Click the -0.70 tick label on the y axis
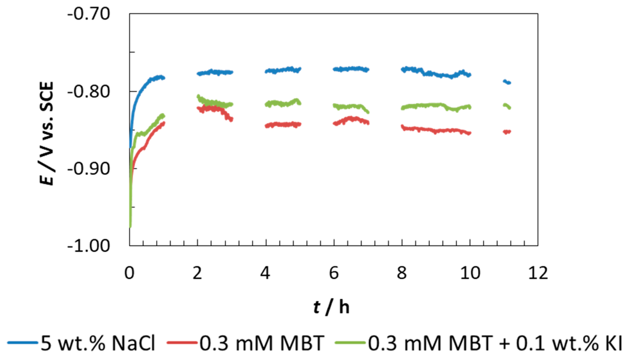coord(88,14)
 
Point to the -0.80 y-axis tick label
coord(88,92)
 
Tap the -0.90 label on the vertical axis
coord(88,169)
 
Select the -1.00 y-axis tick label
coord(88,246)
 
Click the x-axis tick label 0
coord(129,273)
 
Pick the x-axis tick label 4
coord(265,273)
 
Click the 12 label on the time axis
coord(538,273)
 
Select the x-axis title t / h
coord(331,307)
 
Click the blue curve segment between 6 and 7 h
coord(351,69)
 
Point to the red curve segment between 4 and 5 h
coord(283,125)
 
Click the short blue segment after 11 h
coord(507,82)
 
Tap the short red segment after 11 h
coord(507,132)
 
